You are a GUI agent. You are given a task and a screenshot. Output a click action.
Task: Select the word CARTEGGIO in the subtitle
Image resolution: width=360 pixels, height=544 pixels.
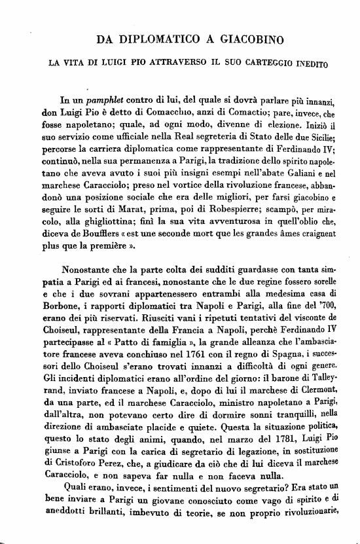coord(261,64)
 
